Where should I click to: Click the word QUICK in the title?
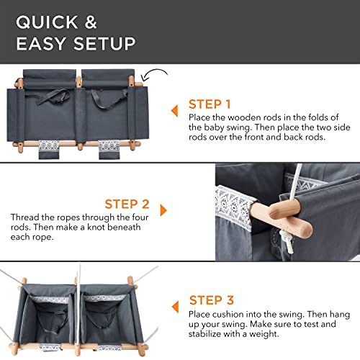click(x=47, y=22)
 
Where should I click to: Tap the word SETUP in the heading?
click(x=104, y=43)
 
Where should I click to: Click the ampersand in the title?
click(x=91, y=22)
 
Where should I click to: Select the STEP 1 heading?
click(x=210, y=104)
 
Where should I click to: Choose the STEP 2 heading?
click(x=127, y=204)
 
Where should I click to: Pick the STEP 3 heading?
click(x=212, y=300)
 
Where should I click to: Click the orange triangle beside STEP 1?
click(x=175, y=111)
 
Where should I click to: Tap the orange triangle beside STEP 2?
click(x=163, y=210)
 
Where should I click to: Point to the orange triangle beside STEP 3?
click(x=176, y=307)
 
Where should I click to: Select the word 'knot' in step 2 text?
click(x=96, y=227)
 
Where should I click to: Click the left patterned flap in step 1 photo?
click(x=49, y=149)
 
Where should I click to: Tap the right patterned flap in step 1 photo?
click(x=109, y=150)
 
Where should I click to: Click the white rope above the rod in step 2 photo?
click(x=296, y=182)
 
